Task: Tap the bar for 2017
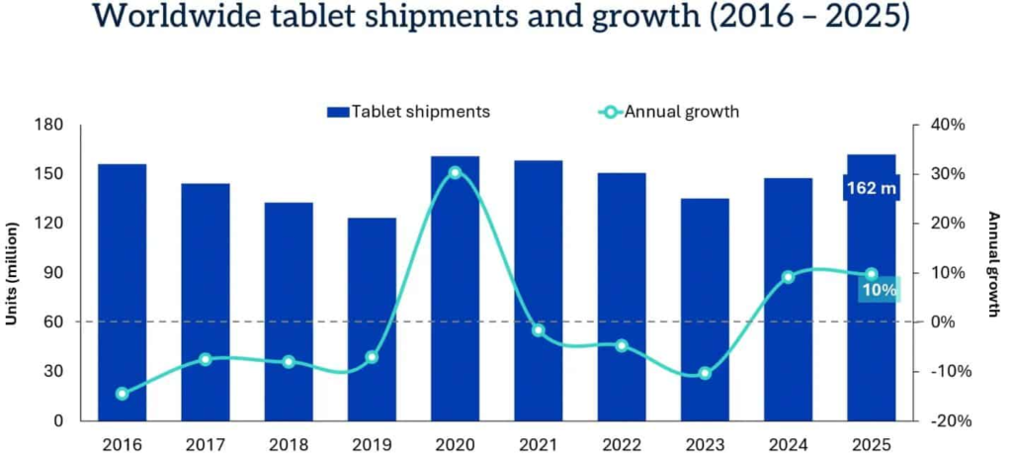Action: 206,302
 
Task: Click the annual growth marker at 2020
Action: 455,172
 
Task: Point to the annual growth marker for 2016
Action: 123,394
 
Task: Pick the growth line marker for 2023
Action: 705,373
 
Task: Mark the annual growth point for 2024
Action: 788,277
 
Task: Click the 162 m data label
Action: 871,188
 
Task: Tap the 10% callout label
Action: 878,290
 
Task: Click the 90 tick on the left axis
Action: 53,273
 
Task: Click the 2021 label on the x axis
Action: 538,445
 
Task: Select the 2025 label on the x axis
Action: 871,445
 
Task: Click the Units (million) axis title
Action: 17,273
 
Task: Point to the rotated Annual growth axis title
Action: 993,265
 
